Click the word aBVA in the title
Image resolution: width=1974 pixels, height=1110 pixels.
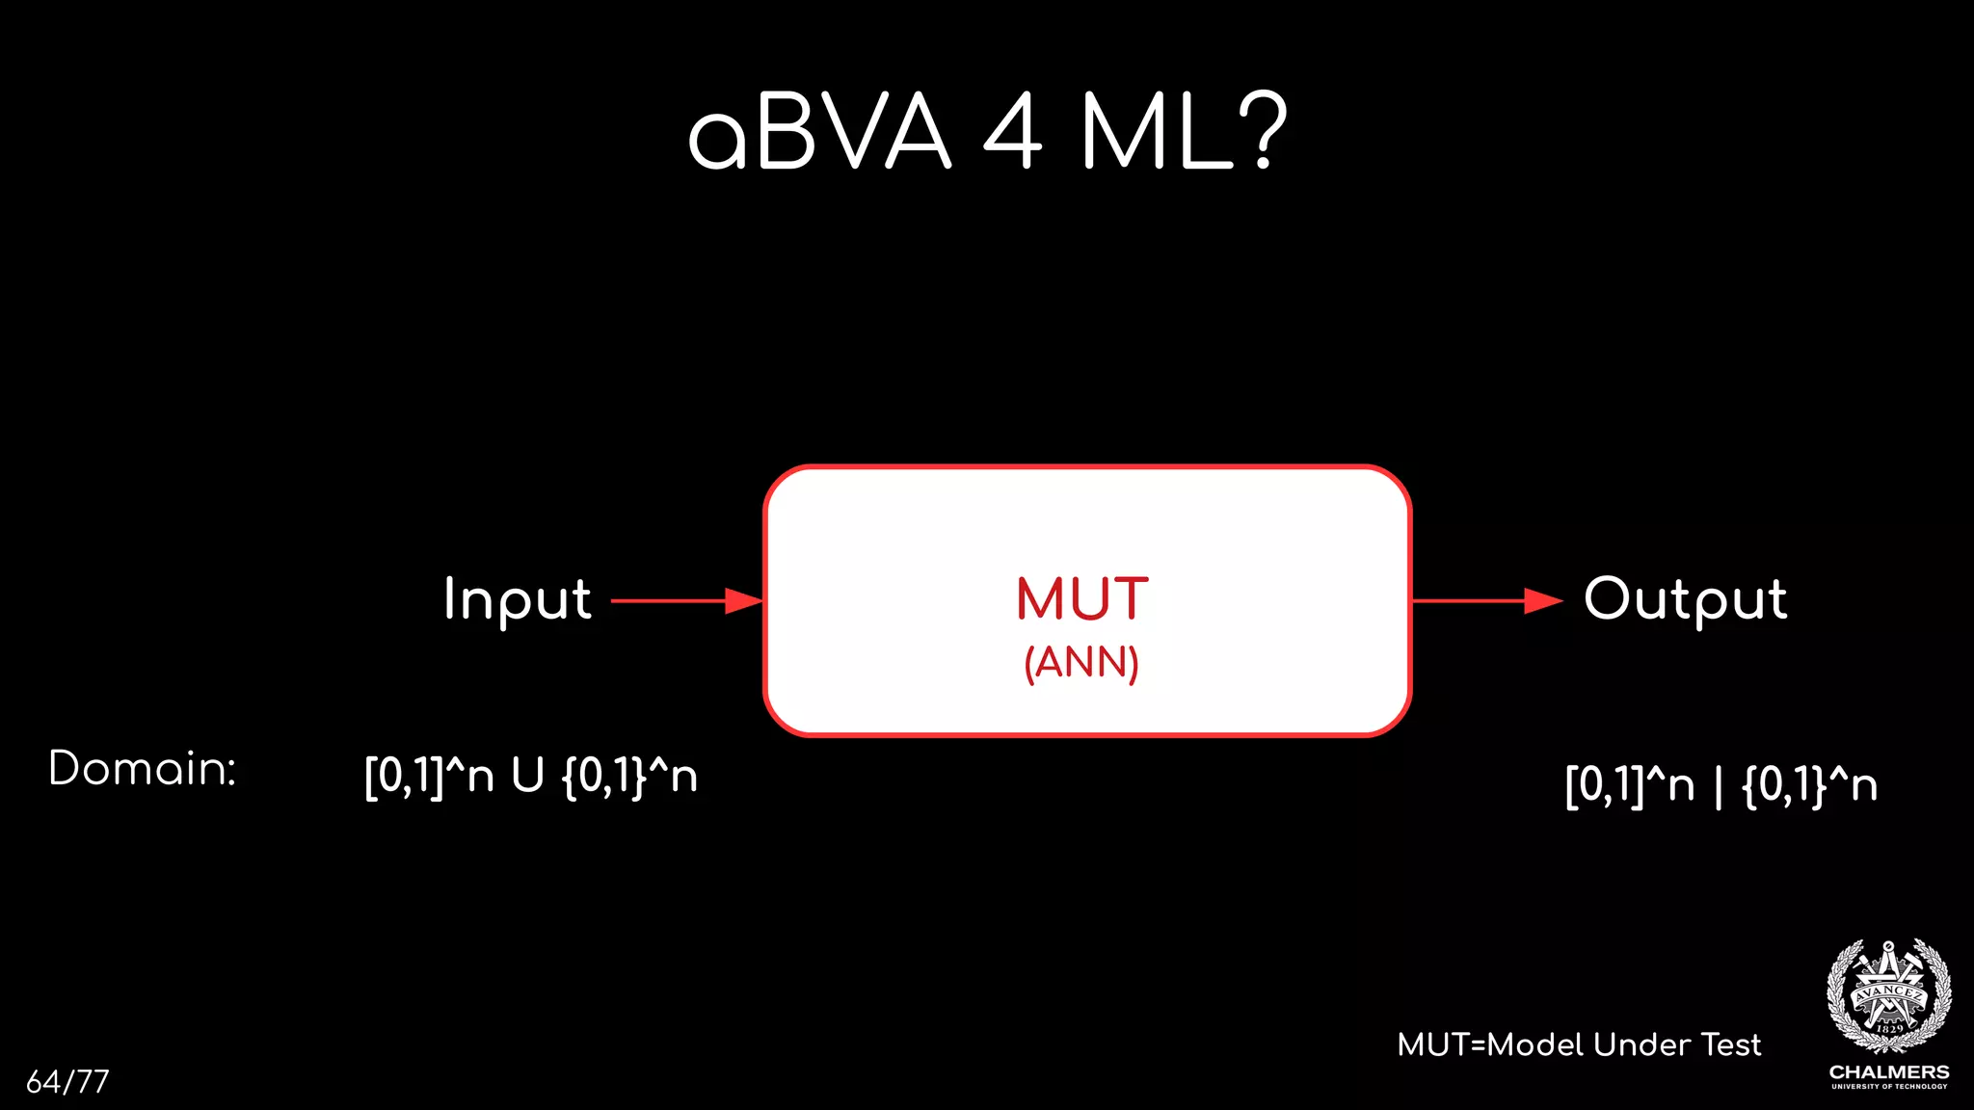tap(819, 133)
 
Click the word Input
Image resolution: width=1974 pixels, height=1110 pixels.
tap(518, 599)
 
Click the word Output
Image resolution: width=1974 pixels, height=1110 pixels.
tap(1685, 599)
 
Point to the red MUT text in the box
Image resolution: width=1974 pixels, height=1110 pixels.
tap(1081, 599)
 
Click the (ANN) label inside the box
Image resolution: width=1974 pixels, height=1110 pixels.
tap(1081, 663)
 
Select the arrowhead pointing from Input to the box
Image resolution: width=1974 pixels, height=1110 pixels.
tap(744, 601)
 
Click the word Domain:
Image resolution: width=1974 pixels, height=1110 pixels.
tap(143, 769)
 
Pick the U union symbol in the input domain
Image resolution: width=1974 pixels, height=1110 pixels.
tap(527, 776)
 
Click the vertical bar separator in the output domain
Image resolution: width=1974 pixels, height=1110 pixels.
tap(1718, 785)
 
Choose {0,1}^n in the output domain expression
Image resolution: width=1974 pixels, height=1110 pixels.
tap(1809, 785)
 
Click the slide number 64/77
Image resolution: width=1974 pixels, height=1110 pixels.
tap(67, 1081)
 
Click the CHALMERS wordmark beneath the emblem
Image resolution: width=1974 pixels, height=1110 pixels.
tap(1889, 1071)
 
